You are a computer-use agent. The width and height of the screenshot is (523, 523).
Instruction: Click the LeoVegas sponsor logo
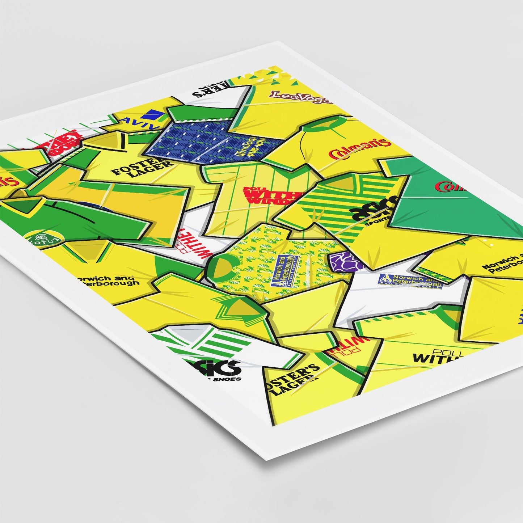click(300, 96)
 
